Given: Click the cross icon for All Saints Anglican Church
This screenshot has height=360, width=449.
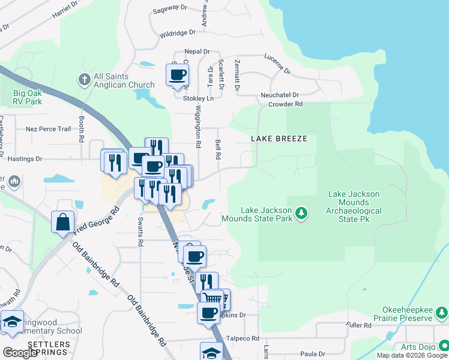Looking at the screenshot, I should [84, 79].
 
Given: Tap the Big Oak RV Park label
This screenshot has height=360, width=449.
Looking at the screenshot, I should [28, 97].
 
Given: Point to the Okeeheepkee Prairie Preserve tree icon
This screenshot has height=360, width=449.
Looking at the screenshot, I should [442, 313].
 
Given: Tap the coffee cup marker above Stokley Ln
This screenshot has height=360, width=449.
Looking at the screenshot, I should [178, 75].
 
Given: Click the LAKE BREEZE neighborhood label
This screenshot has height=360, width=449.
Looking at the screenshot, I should [279, 139].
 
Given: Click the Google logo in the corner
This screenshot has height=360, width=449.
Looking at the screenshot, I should [19, 353].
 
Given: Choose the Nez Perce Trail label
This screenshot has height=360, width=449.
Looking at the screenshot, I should [48, 129].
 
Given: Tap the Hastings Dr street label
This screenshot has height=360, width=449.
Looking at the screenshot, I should [25, 159].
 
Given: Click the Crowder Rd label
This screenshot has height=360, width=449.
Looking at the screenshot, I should [285, 104].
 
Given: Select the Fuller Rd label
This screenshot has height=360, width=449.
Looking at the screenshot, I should [359, 325].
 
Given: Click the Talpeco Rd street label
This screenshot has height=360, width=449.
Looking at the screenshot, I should [243, 338].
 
